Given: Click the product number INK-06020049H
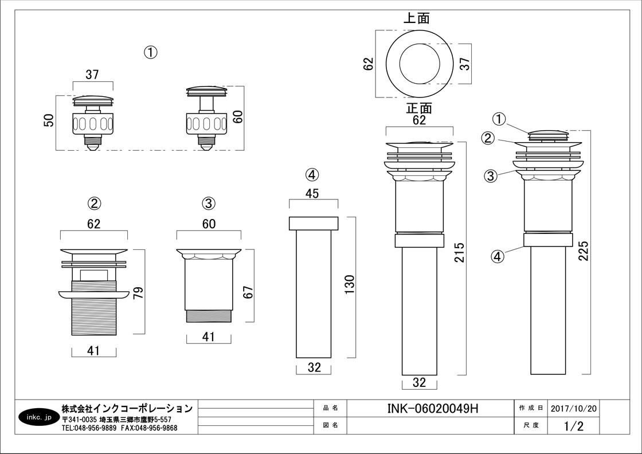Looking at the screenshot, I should [x=433, y=408].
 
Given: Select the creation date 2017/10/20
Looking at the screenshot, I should [x=573, y=408].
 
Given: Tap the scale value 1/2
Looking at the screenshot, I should [x=573, y=426].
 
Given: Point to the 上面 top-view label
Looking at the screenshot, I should [x=417, y=18].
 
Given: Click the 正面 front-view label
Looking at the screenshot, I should [x=419, y=108].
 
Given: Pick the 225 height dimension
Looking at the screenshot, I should [x=584, y=251].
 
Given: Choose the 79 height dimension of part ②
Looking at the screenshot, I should [x=138, y=292].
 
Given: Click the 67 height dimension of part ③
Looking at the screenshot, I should [x=248, y=292].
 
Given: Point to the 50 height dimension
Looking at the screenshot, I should [x=49, y=120].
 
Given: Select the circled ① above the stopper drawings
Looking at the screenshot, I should [x=150, y=52].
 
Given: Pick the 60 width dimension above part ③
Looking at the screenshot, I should [x=209, y=224].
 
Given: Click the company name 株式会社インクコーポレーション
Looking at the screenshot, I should [x=127, y=408].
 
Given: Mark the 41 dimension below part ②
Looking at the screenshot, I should [x=93, y=351].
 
